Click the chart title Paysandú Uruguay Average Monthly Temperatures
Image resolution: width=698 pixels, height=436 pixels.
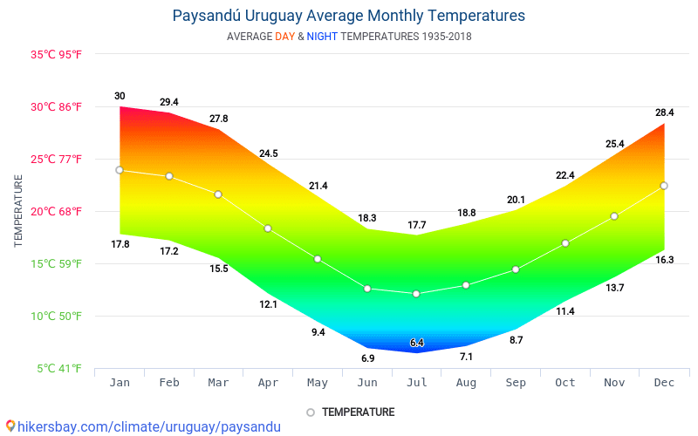349,16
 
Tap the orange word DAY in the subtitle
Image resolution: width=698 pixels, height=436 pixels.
284,37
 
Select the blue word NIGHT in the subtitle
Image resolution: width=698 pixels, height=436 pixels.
323,37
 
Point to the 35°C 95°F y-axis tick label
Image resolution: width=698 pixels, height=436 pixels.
57,54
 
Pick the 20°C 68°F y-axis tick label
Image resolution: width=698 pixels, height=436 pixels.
57,211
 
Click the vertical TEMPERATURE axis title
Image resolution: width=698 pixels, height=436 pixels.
18,211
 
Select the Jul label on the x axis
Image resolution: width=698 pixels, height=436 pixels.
417,383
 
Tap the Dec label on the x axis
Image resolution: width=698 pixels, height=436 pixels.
664,383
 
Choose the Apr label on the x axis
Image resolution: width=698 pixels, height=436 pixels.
268,383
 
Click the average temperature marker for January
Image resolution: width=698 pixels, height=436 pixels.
120,170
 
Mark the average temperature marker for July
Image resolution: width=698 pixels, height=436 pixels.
416,294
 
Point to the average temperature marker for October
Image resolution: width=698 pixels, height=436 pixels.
565,243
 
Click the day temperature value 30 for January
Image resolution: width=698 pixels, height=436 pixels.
120,96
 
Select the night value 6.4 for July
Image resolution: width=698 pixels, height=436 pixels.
416,343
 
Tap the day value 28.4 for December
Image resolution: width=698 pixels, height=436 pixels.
664,112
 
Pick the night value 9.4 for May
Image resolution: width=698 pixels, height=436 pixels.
318,332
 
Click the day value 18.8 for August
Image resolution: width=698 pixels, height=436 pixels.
466,213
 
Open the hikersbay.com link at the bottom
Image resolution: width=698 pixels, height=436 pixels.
144,426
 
